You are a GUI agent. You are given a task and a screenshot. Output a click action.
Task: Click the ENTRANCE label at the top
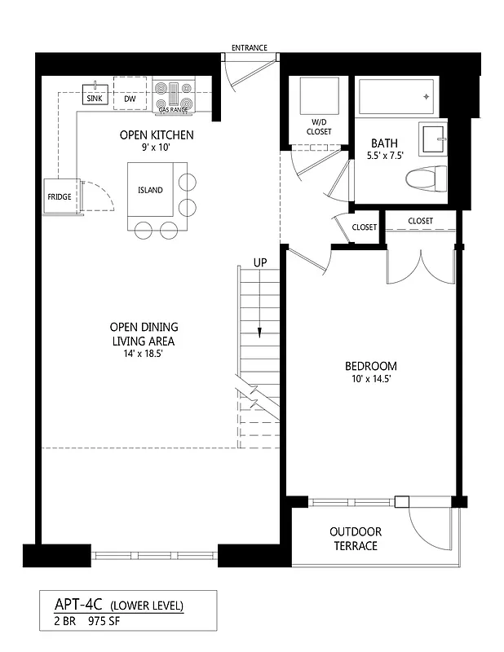point(249,48)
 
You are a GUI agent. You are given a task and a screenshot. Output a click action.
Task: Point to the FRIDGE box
point(59,197)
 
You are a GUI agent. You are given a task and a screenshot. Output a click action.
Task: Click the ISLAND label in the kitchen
point(149,190)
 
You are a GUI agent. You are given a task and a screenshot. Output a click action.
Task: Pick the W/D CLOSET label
point(319,127)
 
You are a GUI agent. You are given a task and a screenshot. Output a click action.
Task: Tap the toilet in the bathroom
point(427,177)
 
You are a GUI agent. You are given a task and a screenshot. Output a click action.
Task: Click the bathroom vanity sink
point(433,139)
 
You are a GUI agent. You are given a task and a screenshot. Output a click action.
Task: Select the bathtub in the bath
point(396,97)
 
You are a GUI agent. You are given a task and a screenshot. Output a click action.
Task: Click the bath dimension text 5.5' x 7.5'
point(383,156)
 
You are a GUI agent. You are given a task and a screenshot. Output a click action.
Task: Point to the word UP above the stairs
point(259,263)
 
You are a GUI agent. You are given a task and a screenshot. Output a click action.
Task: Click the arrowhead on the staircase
point(259,332)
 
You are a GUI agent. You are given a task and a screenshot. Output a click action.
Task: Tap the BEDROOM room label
point(370,366)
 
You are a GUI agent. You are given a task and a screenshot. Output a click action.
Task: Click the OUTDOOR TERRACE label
point(356,539)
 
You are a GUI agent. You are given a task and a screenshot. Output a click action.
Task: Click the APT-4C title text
point(76,605)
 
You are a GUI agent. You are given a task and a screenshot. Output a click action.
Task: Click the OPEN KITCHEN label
point(156,135)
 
